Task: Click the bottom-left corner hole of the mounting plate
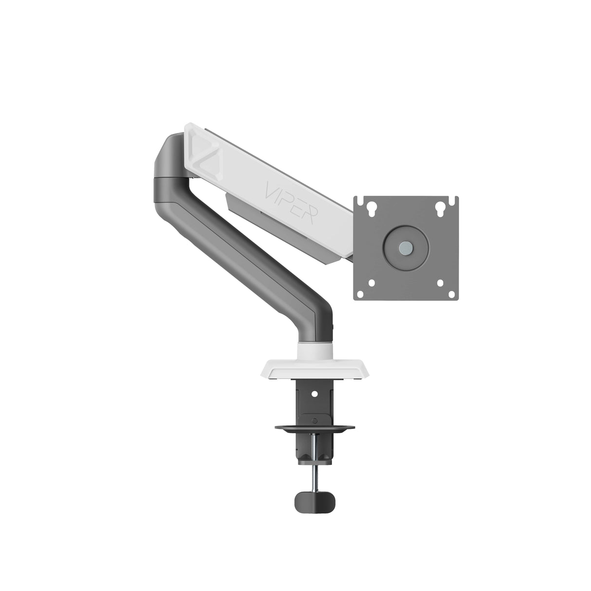(371, 283)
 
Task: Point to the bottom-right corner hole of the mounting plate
(440, 283)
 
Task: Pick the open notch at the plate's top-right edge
(456, 199)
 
